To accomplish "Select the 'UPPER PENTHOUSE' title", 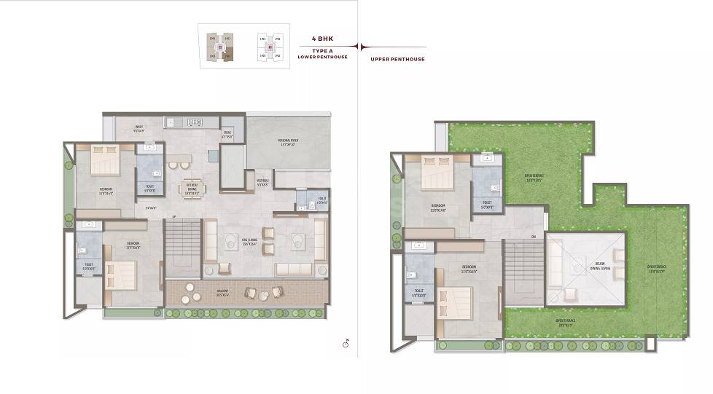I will click(x=397, y=59).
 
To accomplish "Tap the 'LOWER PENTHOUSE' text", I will click(x=322, y=57).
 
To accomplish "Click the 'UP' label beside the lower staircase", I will click(x=174, y=217).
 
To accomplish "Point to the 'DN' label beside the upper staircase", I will click(x=534, y=236).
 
